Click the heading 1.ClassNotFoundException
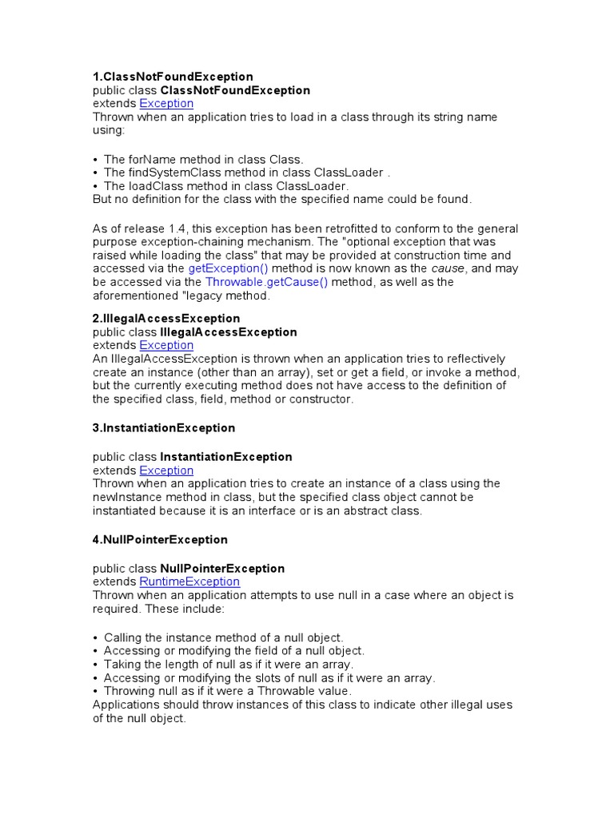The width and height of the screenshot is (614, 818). click(x=173, y=77)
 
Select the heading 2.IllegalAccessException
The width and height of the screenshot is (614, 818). click(x=166, y=319)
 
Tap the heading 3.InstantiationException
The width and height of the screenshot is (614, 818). click(x=164, y=428)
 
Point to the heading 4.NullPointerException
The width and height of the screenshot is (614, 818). click(x=160, y=540)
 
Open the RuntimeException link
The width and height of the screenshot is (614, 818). click(x=189, y=582)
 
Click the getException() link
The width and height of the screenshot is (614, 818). click(x=228, y=269)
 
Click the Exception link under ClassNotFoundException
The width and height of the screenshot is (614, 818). click(x=166, y=104)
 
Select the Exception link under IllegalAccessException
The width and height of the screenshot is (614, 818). click(x=166, y=346)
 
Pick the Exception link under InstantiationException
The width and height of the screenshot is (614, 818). click(x=166, y=471)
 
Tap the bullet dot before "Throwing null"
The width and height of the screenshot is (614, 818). click(x=96, y=691)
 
